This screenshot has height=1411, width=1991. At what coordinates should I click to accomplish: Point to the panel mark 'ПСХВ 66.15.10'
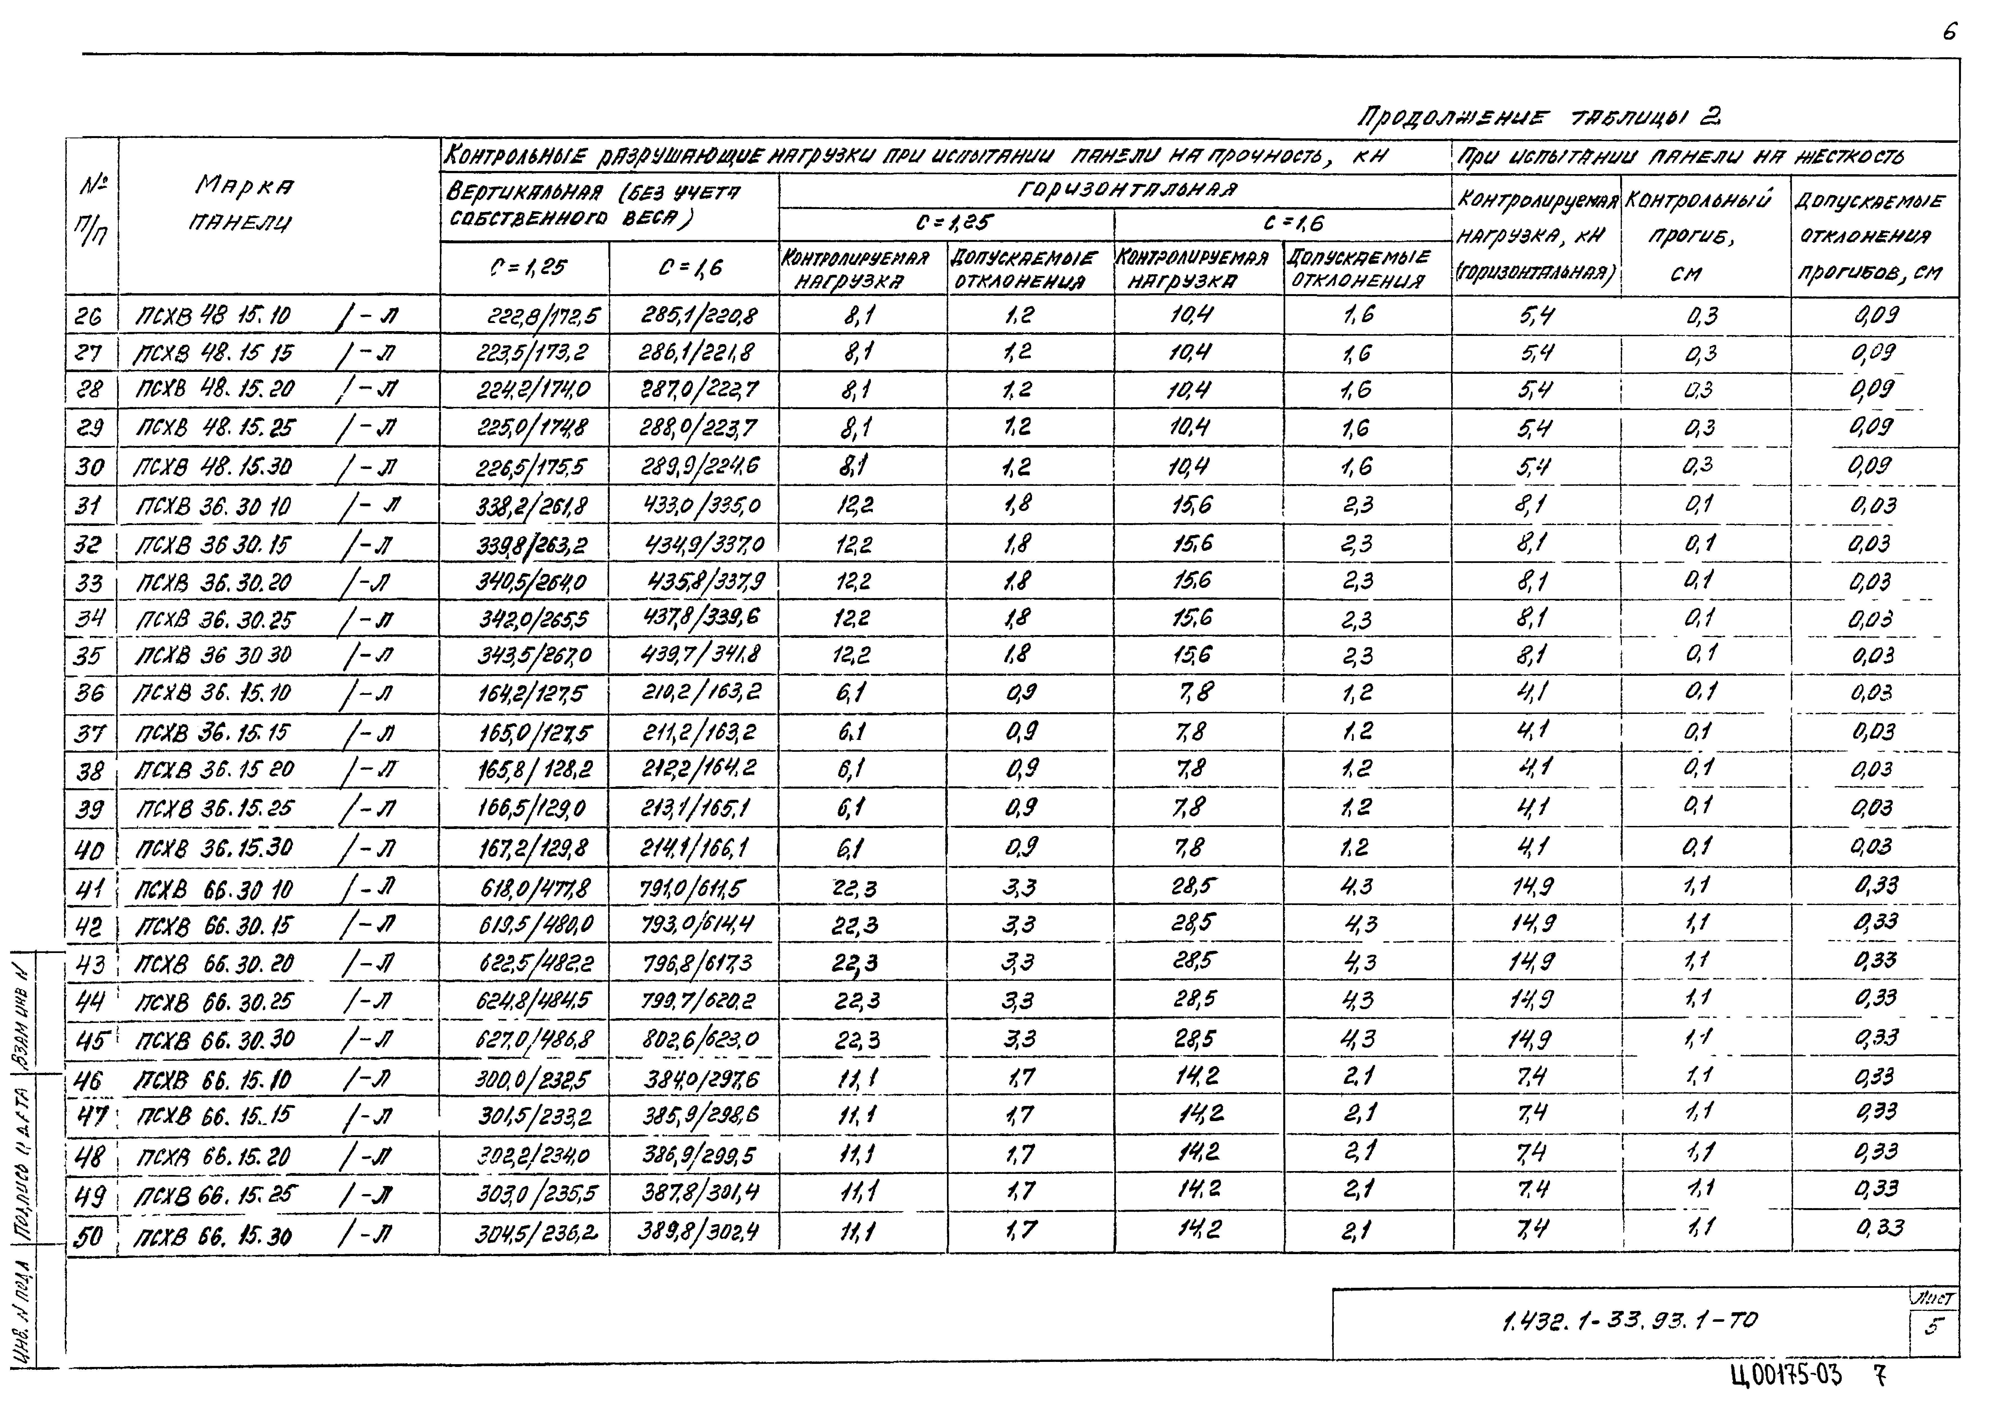[x=214, y=1080]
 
